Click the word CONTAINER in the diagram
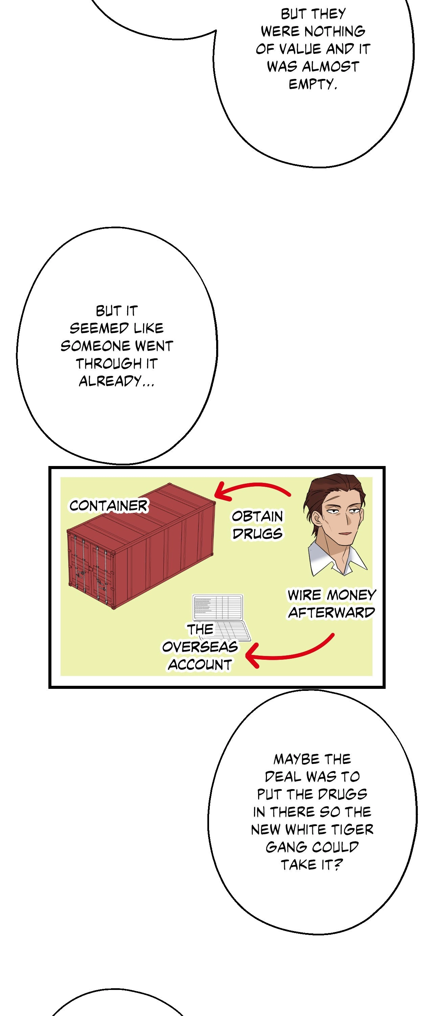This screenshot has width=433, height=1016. click(108, 506)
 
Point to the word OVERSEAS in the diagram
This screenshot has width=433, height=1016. click(200, 647)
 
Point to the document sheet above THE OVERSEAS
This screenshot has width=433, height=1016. click(218, 607)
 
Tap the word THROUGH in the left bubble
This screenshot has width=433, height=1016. click(109, 363)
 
